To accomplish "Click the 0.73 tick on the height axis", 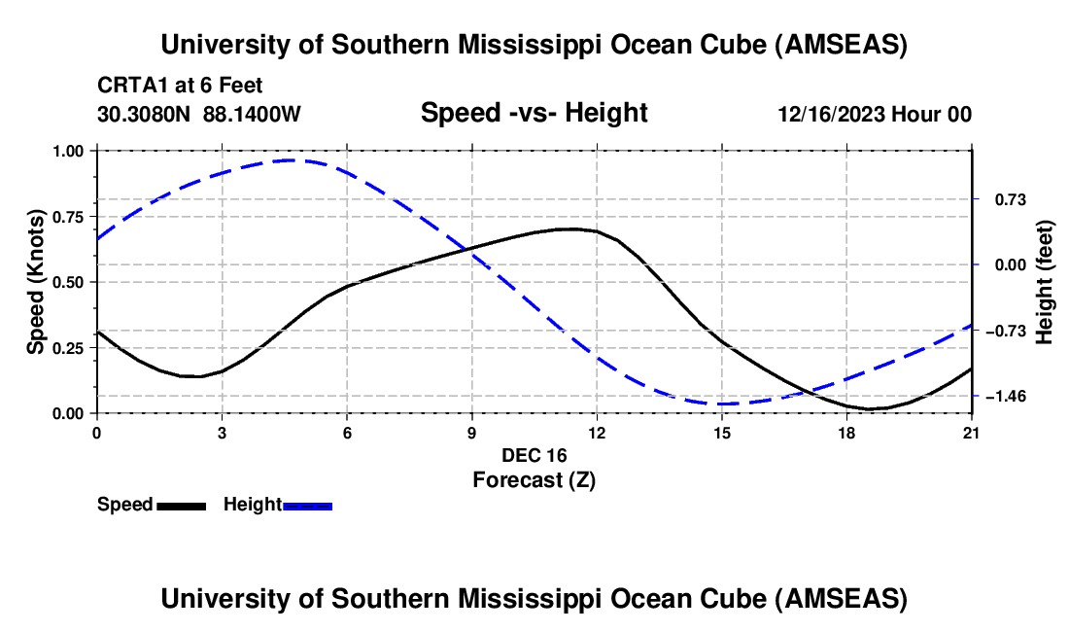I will [1007, 199].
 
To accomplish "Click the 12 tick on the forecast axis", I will [597, 433].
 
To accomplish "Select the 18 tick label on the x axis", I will [846, 433].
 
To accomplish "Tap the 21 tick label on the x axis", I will [972, 433].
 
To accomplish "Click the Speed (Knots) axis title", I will [36, 282].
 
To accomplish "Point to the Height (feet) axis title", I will [1045, 282].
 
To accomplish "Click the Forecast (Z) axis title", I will [534, 479].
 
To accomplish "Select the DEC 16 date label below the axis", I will [534, 455].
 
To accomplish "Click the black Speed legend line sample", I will [181, 505].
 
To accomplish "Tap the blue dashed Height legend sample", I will [307, 505].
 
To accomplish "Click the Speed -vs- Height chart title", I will [534, 113].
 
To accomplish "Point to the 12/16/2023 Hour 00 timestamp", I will [875, 114].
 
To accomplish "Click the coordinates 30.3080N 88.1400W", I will [199, 114].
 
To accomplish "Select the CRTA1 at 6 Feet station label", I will [180, 87].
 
